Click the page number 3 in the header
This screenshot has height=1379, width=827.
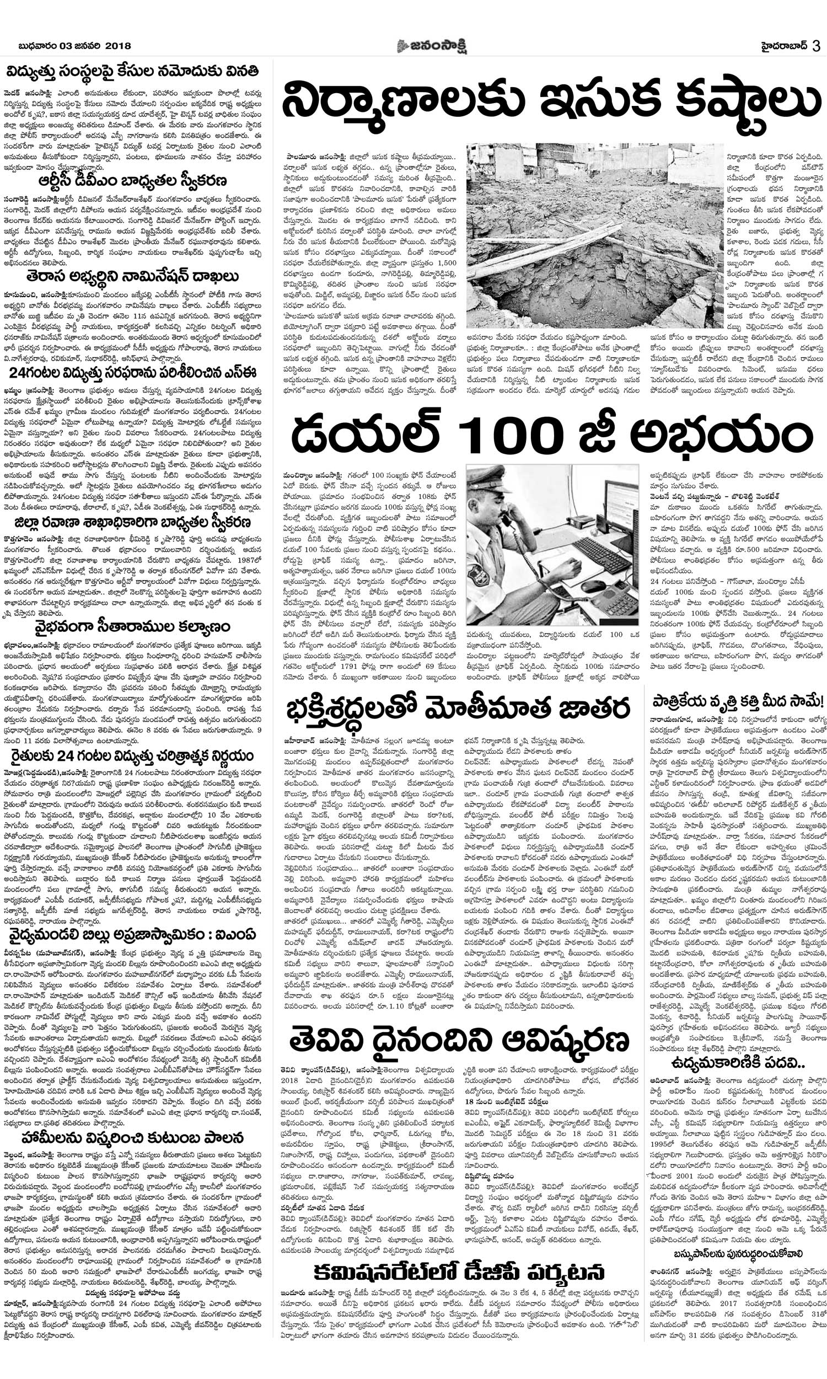816,46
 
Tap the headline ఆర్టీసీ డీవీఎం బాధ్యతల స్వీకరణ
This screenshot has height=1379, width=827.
133,181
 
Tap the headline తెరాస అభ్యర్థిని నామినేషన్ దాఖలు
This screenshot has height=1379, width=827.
133,276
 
